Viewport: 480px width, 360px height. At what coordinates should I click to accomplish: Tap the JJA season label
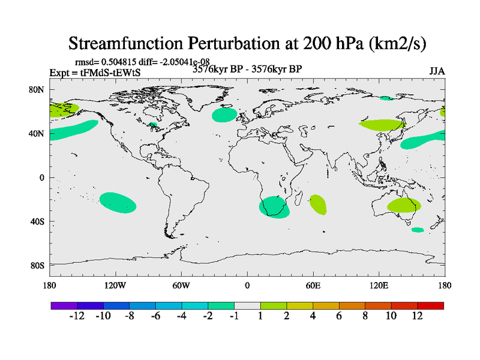pyautogui.click(x=437, y=71)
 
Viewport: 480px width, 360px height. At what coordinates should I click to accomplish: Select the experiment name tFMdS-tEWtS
pyautogui.click(x=114, y=73)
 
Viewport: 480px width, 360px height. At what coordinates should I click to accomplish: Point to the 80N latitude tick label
pyautogui.click(x=38, y=89)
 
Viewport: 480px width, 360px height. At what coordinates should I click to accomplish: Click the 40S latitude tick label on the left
pyautogui.click(x=38, y=221)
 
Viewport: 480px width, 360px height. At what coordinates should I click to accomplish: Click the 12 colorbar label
pyautogui.click(x=417, y=316)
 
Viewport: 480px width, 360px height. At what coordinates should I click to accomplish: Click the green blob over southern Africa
pyautogui.click(x=274, y=207)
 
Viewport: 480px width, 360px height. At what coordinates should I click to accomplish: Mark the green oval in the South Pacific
pyautogui.click(x=118, y=202)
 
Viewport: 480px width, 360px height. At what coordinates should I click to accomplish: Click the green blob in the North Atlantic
pyautogui.click(x=225, y=115)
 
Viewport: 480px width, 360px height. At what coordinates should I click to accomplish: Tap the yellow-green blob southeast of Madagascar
pyautogui.click(x=318, y=205)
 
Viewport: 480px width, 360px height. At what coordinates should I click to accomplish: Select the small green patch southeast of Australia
pyautogui.click(x=417, y=230)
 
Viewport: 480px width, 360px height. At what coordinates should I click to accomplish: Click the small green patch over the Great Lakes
pyautogui.click(x=153, y=125)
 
